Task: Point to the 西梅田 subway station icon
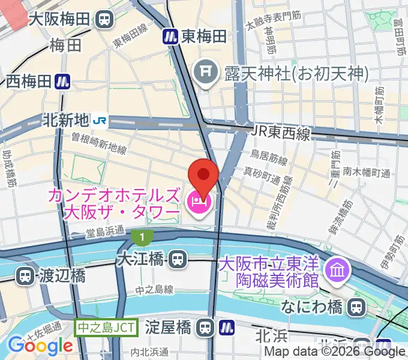coord(62,81)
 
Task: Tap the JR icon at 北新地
coord(100,121)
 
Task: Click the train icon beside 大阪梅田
coord(105,19)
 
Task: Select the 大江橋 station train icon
coord(176,260)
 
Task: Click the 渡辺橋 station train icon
coord(25,277)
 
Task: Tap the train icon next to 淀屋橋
coord(206,328)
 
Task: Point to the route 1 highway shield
coord(141,238)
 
